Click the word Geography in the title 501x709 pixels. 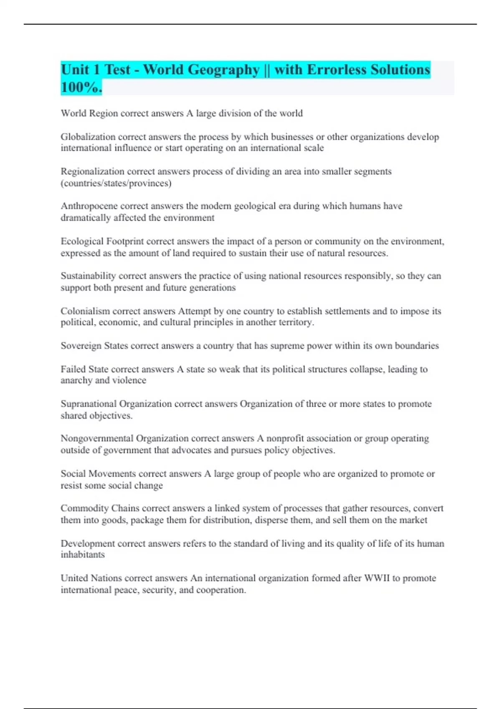coord(223,70)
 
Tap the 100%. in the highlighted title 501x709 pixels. coord(81,87)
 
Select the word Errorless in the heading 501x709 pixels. coord(337,70)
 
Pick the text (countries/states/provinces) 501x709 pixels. coord(116,183)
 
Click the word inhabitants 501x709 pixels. coord(83,555)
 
